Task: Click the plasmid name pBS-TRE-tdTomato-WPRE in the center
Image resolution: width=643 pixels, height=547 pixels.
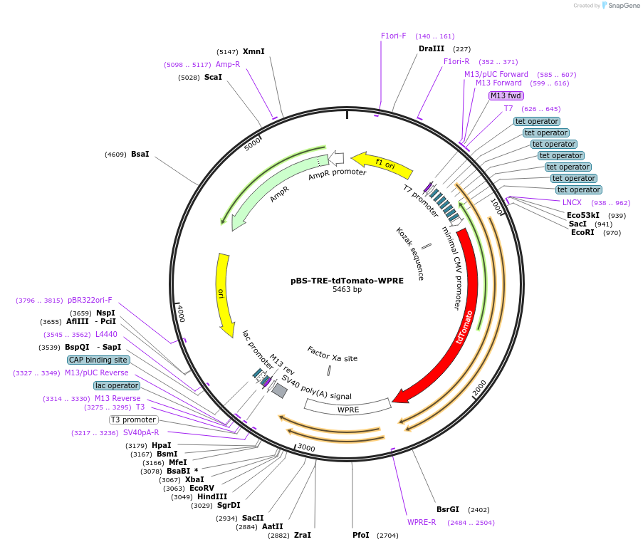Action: click(347, 281)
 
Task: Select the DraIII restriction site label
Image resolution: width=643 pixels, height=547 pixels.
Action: click(432, 48)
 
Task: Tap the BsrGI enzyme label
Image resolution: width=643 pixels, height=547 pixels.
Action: click(448, 509)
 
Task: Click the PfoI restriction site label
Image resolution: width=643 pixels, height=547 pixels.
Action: click(361, 535)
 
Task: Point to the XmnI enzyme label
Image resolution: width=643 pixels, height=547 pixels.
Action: click(253, 51)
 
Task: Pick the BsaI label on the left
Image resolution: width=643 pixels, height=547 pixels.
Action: click(140, 154)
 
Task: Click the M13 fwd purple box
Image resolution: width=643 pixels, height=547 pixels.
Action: click(506, 95)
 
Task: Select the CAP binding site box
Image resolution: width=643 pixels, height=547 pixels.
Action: click(99, 360)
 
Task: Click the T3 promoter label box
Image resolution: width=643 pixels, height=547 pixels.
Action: click(133, 420)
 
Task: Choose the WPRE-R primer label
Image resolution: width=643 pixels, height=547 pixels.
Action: click(422, 522)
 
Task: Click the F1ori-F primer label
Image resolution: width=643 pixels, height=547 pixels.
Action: click(393, 36)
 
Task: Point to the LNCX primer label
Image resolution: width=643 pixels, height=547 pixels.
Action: click(572, 202)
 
